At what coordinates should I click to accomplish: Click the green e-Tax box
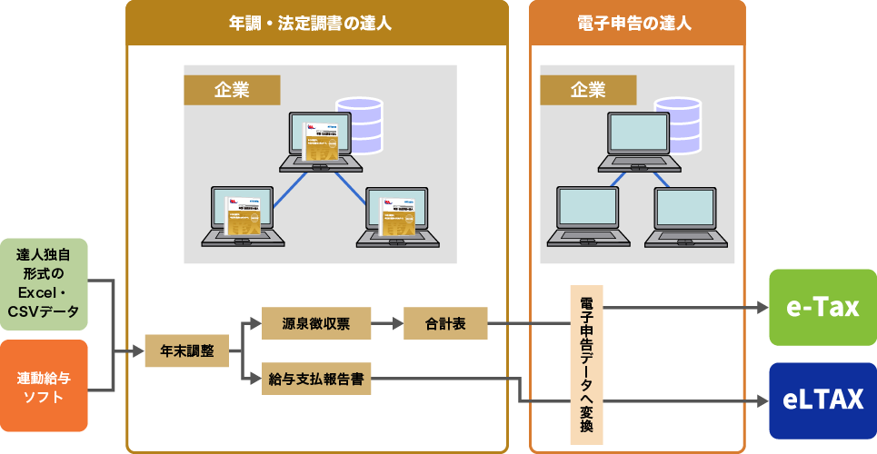point(822,307)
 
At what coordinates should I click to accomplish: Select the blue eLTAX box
point(822,400)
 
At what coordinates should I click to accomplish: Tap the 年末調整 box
point(187,351)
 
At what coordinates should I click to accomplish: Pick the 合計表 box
point(445,323)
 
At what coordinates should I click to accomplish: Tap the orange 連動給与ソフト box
point(44,386)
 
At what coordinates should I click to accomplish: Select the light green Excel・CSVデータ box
point(44,283)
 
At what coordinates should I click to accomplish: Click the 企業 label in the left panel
point(232,89)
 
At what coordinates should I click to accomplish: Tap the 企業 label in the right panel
point(588,89)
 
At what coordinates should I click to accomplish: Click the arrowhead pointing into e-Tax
point(761,308)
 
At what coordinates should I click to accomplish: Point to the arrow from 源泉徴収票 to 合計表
point(387,323)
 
